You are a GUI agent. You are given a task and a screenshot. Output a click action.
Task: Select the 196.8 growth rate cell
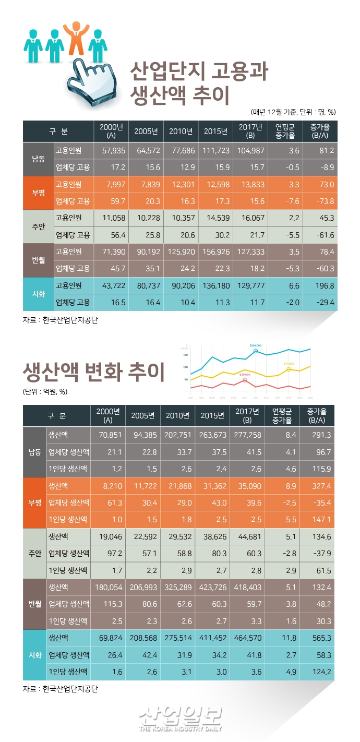click(322, 285)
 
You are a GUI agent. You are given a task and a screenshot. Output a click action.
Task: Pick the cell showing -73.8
click(322, 201)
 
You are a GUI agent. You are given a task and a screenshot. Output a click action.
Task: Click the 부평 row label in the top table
click(39, 193)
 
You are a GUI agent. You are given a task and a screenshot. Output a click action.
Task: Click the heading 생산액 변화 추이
click(94, 372)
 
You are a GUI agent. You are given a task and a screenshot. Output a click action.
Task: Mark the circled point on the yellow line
click(289, 369)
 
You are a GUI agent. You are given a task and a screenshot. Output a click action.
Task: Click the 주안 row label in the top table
click(39, 226)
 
